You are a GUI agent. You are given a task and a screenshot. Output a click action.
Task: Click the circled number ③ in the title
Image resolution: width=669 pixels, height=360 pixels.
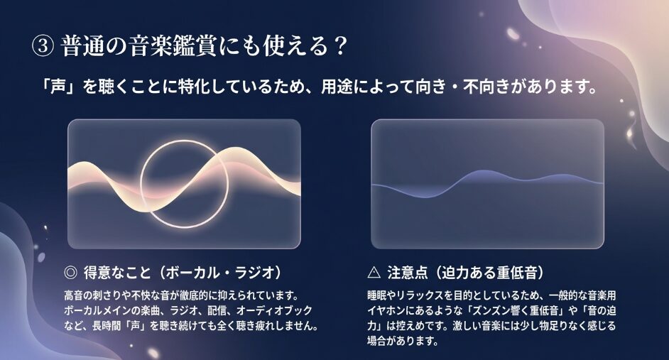[42, 46]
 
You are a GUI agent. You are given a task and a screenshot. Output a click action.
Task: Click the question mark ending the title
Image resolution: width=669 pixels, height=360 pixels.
[339, 45]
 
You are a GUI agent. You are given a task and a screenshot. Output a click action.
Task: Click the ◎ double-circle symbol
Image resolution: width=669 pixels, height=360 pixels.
[70, 272]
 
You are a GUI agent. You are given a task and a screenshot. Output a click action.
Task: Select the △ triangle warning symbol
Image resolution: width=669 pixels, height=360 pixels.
[374, 272]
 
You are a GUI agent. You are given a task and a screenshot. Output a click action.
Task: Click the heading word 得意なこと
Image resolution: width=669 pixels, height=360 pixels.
[117, 272]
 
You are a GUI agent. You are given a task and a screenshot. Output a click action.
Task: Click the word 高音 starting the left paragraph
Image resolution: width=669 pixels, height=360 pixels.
[71, 295]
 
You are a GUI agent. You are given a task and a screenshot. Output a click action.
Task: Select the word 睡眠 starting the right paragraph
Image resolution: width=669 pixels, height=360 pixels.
[374, 295]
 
